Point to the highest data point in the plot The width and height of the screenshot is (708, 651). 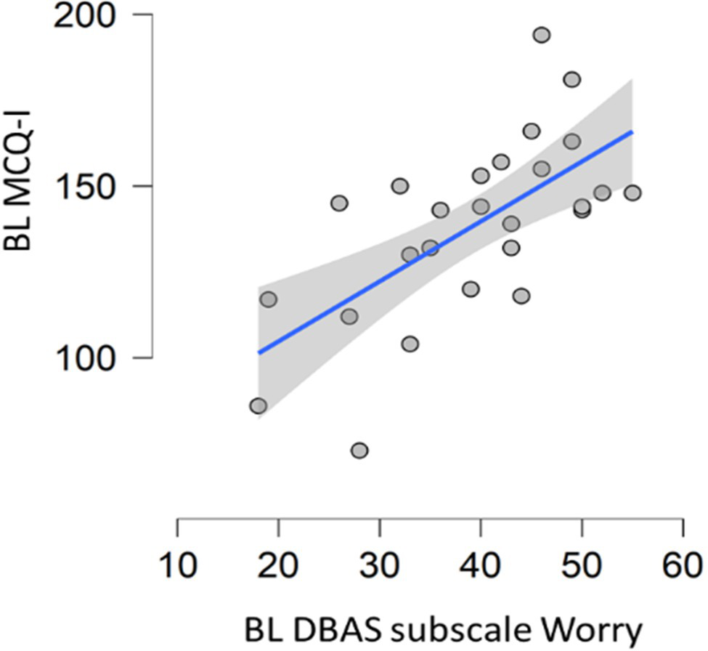[x=542, y=35]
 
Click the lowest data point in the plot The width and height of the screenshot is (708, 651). [x=359, y=450]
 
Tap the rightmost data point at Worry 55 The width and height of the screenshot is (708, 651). [x=632, y=193]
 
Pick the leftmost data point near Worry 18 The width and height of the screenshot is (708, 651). [x=258, y=405]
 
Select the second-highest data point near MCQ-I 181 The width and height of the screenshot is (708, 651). [x=572, y=79]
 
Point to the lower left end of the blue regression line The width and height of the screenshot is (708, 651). [x=259, y=353]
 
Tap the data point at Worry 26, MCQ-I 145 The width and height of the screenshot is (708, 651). [x=339, y=203]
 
